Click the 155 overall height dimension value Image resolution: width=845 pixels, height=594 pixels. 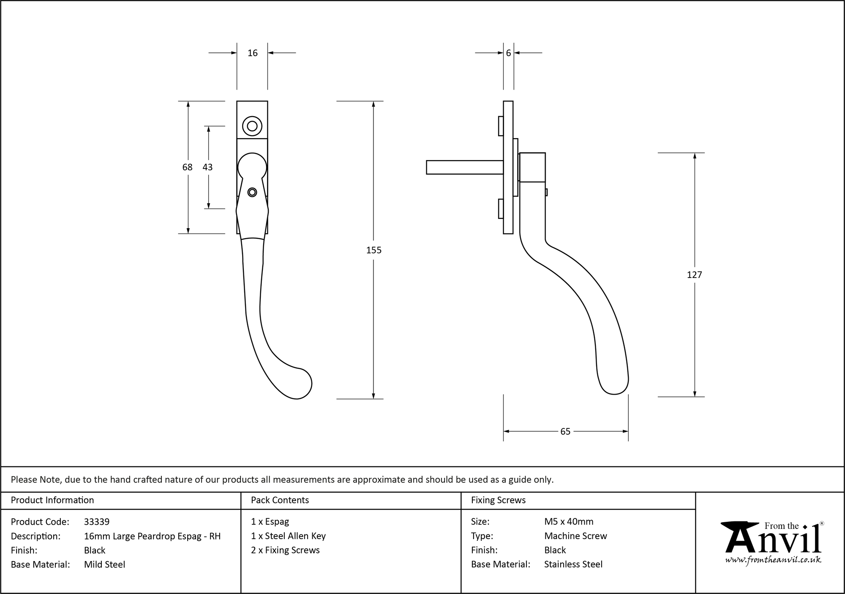[x=373, y=250]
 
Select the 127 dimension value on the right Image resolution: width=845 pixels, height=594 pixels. [x=694, y=275]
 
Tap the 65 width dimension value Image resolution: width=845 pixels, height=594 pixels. [x=565, y=431]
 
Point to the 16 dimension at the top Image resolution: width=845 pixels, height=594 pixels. [x=252, y=53]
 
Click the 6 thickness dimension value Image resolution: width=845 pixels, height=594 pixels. [x=508, y=53]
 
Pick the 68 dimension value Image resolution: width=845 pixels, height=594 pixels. [x=187, y=167]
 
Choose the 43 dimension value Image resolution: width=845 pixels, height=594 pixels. [x=207, y=167]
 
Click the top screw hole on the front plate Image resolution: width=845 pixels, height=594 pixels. [x=252, y=126]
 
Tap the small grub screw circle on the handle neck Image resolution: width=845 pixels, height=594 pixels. [x=252, y=193]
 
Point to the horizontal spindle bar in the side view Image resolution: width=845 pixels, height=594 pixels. [x=464, y=167]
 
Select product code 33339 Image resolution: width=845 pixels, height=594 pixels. [x=97, y=522]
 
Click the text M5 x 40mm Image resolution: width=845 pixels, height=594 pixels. [x=569, y=522]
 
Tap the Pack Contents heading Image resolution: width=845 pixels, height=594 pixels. [x=280, y=500]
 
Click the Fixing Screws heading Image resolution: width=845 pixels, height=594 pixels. [x=498, y=500]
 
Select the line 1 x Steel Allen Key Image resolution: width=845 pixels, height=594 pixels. [x=288, y=536]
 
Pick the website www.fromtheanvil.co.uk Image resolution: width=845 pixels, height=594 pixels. [x=773, y=560]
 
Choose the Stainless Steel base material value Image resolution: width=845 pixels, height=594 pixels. [x=573, y=564]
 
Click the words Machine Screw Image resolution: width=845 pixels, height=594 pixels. [x=575, y=536]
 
